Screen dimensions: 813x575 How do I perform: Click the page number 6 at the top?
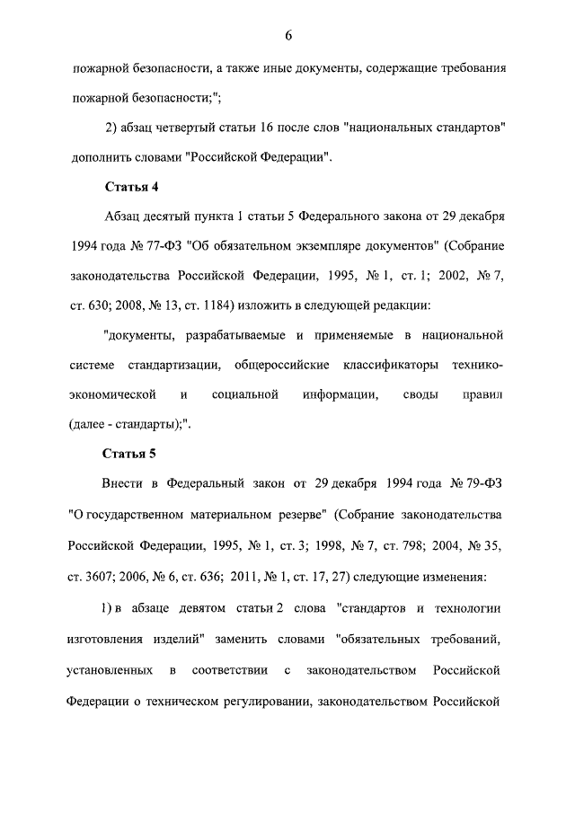pyautogui.click(x=287, y=36)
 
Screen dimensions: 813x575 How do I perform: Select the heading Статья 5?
pyautogui.click(x=131, y=452)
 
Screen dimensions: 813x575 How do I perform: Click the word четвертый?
pyautogui.click(x=190, y=128)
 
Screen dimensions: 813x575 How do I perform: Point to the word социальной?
pyautogui.click(x=245, y=393)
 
